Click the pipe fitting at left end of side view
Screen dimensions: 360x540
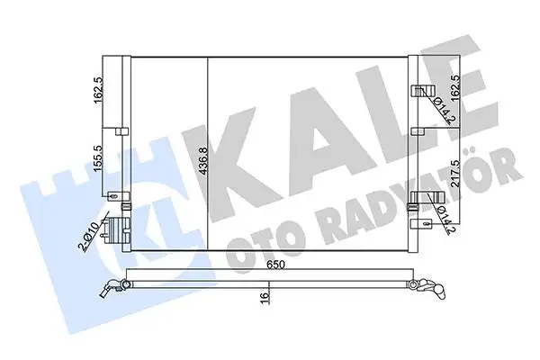point(112,288)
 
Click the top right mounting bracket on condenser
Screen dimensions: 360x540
point(418,91)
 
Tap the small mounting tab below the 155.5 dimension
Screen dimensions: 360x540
point(112,195)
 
